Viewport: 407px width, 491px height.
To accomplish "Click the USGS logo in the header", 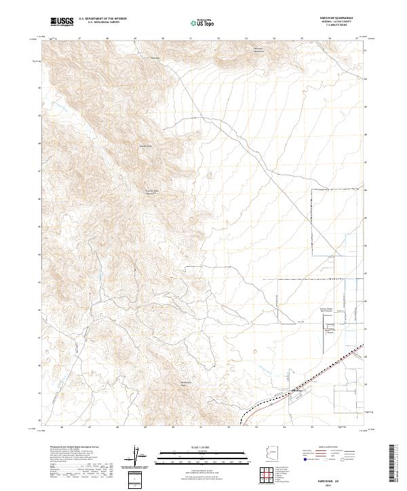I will tap(62, 22).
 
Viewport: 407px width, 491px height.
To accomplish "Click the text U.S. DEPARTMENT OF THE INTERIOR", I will tap(102, 20).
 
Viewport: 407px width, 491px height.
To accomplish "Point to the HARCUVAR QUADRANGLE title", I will tap(341, 19).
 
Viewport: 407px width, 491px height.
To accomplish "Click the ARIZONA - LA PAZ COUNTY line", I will tap(341, 22).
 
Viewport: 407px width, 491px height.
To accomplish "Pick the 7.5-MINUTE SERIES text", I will tap(341, 26).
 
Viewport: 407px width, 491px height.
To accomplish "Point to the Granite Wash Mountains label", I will tap(153, 192).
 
